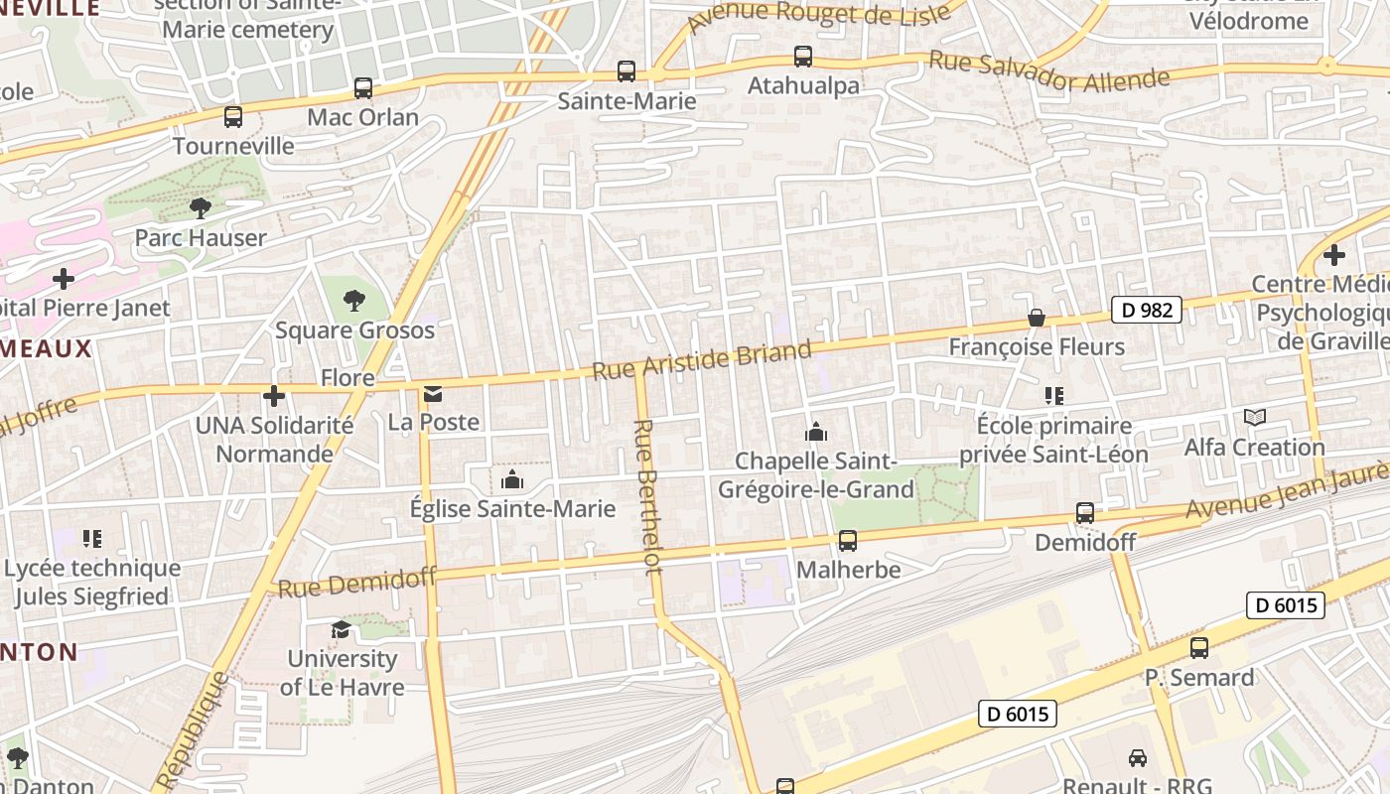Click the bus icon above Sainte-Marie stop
[626, 71]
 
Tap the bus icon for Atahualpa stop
[802, 57]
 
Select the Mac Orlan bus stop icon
[363, 88]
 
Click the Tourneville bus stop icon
[233, 117]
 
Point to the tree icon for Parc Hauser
[201, 208]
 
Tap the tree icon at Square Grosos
[354, 301]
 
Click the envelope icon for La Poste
[433, 394]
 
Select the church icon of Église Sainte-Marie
[512, 480]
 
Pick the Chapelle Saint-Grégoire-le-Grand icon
[816, 432]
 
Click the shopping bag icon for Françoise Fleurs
[1037, 318]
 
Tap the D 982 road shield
[1146, 310]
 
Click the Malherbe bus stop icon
[848, 541]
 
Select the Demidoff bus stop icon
[1085, 513]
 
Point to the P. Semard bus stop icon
[1199, 648]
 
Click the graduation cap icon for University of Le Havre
[341, 629]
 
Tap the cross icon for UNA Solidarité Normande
[274, 396]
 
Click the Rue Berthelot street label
[646, 496]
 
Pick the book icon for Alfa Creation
[1255, 418]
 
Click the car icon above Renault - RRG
[1138, 758]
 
